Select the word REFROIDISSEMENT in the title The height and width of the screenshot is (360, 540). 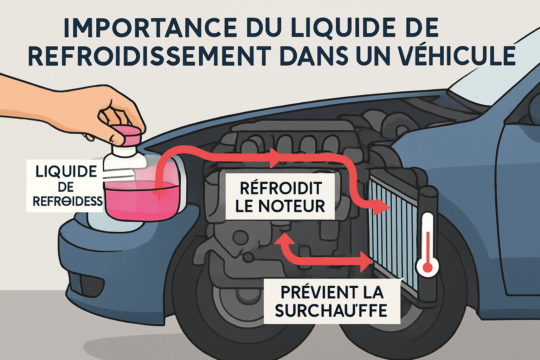click(149, 55)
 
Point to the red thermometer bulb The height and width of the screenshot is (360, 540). click(427, 267)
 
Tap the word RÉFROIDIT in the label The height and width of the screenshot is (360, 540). click(281, 188)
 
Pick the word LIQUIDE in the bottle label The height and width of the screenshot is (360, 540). click(66, 172)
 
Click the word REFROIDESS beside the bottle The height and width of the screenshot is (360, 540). click(67, 201)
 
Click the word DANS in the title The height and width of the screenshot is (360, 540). click(317, 55)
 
